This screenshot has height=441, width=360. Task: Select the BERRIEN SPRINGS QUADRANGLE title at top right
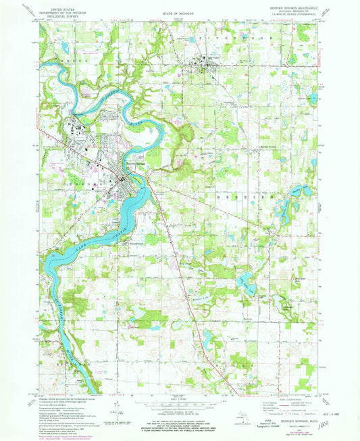[297, 7]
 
